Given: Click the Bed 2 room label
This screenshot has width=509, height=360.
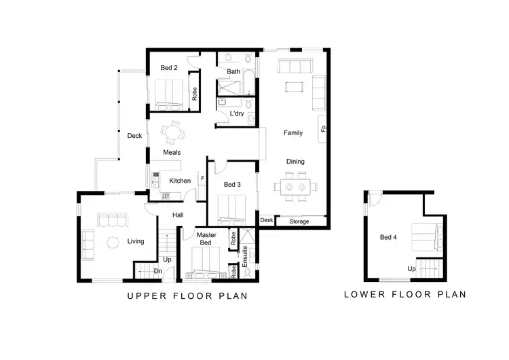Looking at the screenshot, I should [x=169, y=68].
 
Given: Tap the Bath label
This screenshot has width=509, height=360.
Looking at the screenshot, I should [x=233, y=71].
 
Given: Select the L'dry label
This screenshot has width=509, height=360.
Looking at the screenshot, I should [x=237, y=113].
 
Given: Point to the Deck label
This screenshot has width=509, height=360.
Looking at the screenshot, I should [x=134, y=136].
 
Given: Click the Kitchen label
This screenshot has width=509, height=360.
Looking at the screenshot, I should [x=180, y=181].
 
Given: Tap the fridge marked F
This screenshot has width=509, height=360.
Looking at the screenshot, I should [x=202, y=179].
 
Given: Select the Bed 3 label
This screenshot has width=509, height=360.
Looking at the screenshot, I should [x=233, y=185].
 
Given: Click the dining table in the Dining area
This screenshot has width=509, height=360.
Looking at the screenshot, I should [x=295, y=185].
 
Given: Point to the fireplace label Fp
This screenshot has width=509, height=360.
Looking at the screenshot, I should [x=323, y=128].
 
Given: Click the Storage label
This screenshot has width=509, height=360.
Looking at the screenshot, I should [x=299, y=221].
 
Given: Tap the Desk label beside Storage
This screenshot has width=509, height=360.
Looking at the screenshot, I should [x=267, y=220].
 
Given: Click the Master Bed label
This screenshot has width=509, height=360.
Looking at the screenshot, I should [x=206, y=239].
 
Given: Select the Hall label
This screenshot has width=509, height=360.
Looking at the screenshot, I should [x=178, y=215].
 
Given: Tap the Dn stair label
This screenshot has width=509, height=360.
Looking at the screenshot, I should [x=157, y=272].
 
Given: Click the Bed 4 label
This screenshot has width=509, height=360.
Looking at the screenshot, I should [x=388, y=238].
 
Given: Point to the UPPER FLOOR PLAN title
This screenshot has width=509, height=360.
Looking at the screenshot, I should [x=187, y=296].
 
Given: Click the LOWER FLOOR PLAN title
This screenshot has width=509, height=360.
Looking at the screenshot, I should [x=404, y=295].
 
